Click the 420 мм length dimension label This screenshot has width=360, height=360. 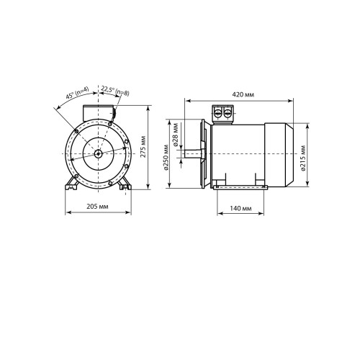[243, 94]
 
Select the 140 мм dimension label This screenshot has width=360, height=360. [240, 208]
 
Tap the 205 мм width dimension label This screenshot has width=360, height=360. [97, 207]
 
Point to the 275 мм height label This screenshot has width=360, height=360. [143, 147]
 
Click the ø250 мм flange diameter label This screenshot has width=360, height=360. [166, 158]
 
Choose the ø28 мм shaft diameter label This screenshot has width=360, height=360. [176, 135]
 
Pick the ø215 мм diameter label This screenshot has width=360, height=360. [303, 158]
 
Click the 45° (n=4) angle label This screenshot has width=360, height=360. [77, 93]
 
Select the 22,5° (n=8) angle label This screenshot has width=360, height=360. [115, 91]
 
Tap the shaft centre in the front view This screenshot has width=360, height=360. [98, 154]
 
